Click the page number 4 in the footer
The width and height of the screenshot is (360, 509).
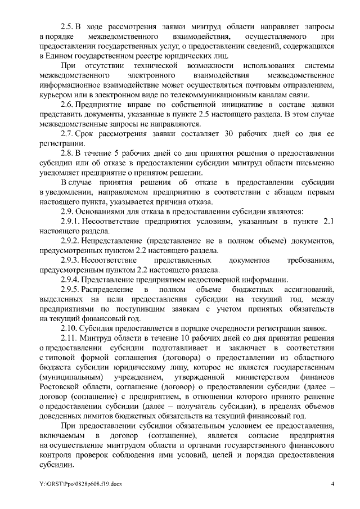click(x=332, y=484)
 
